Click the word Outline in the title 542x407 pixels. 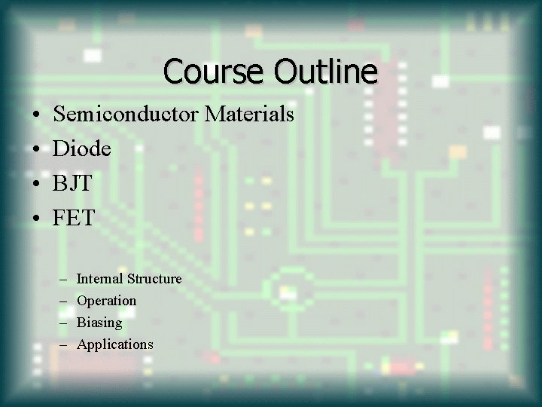[x=325, y=72]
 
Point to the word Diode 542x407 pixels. [x=82, y=149]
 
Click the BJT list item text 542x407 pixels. [x=74, y=184]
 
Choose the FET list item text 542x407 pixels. [x=74, y=219]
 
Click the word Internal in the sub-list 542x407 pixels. [x=100, y=279]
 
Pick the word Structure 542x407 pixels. [x=154, y=279]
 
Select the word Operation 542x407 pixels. [x=107, y=301]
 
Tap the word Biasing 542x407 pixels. [x=99, y=323]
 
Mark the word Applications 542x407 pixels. [x=115, y=344]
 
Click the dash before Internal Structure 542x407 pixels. [x=62, y=280]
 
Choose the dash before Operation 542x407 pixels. [x=62, y=301]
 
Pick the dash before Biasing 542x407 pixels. [x=62, y=323]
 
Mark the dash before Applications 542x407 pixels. [x=62, y=345]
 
